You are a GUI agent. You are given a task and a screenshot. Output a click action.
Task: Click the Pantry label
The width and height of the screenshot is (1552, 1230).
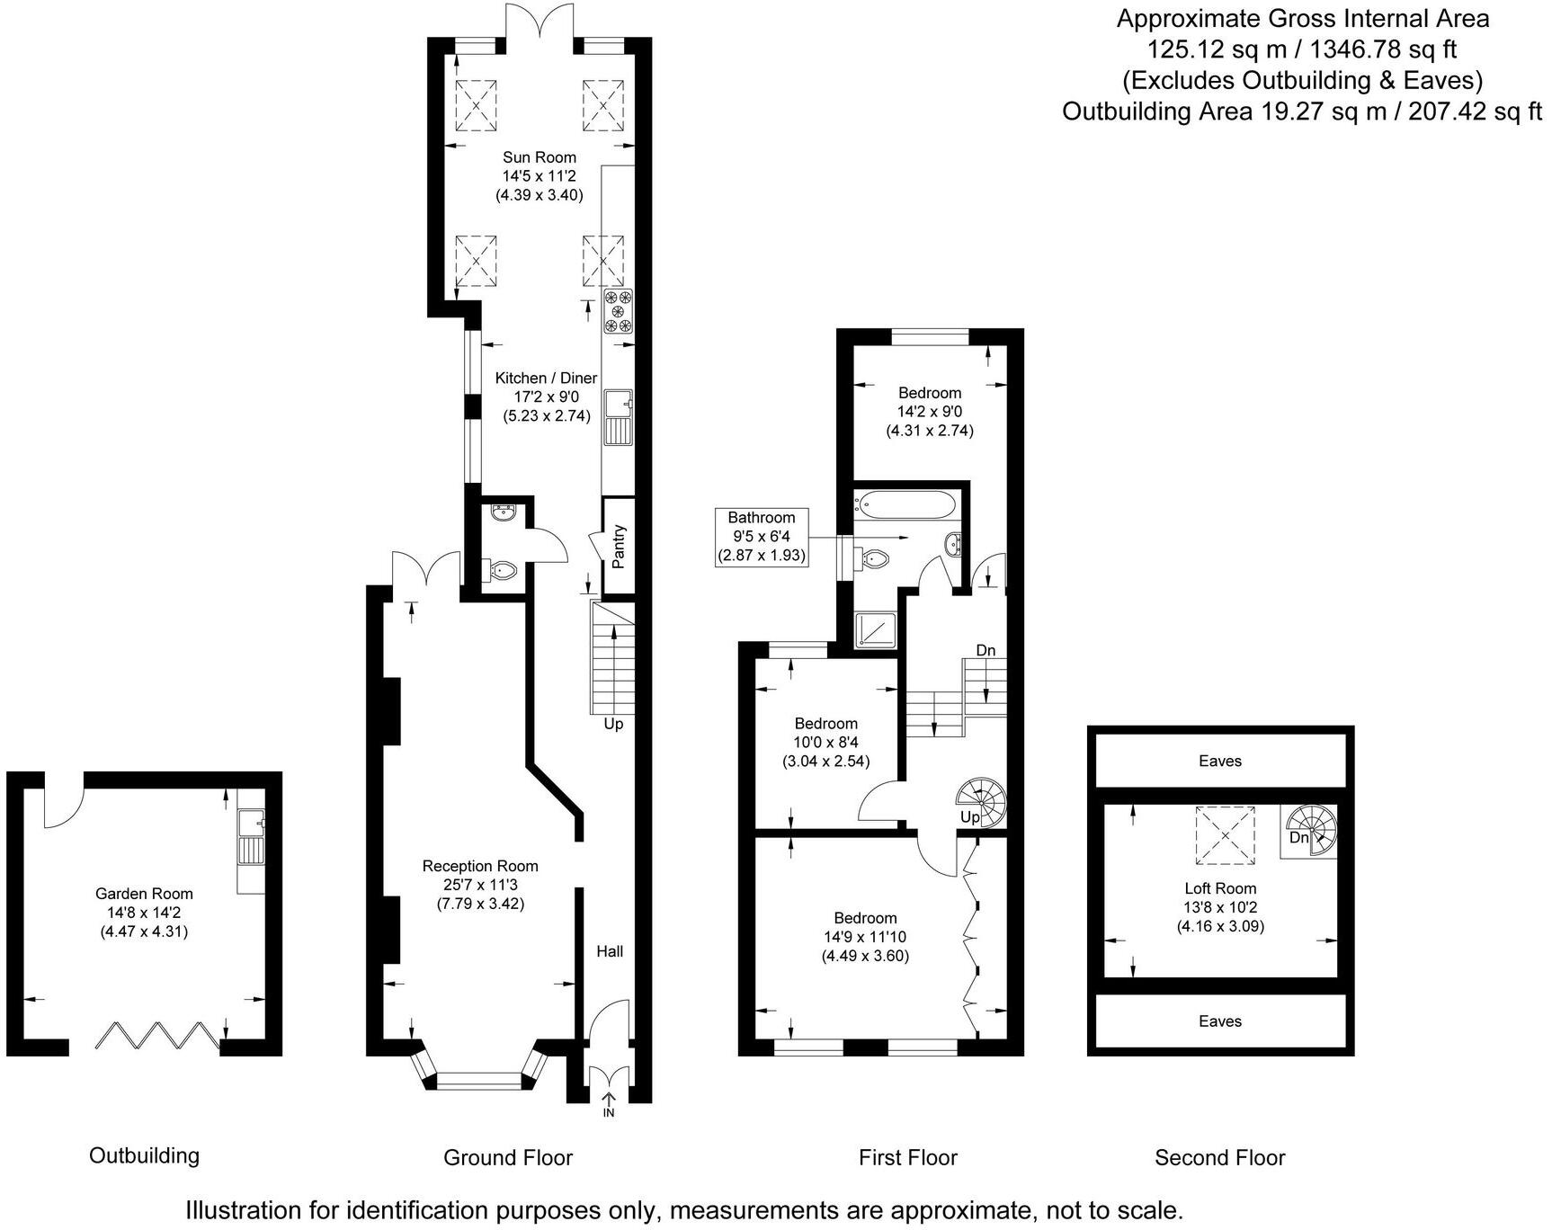pos(619,547)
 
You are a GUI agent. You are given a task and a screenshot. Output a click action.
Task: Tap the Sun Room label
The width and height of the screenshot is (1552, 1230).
pos(540,157)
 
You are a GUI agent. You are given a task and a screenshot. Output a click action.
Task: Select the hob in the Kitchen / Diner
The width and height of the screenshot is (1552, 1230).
pos(619,311)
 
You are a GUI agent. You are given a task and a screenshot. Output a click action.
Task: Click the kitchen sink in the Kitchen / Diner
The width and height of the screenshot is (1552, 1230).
pos(619,417)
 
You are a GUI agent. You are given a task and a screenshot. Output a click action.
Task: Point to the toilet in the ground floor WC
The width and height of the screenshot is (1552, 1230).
pos(502,570)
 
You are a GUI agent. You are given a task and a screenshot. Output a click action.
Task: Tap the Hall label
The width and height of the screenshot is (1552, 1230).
pos(610,951)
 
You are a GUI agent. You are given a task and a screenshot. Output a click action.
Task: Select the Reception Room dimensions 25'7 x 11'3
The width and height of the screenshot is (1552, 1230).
pos(480,885)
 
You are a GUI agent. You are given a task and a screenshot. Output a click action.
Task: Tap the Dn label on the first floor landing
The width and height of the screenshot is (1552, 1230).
pos(986,650)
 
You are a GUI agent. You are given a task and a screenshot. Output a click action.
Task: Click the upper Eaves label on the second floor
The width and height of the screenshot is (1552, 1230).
pos(1220,762)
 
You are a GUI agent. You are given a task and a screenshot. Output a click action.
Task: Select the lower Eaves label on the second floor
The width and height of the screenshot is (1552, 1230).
pos(1220,1021)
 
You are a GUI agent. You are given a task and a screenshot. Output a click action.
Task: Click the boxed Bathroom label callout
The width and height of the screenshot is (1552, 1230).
pos(762,537)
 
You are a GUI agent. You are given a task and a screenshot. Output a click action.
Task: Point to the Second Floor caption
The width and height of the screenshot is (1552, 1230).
pos(1220,1158)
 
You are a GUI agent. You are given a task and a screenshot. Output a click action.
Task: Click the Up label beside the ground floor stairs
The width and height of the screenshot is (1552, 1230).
pos(613,724)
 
